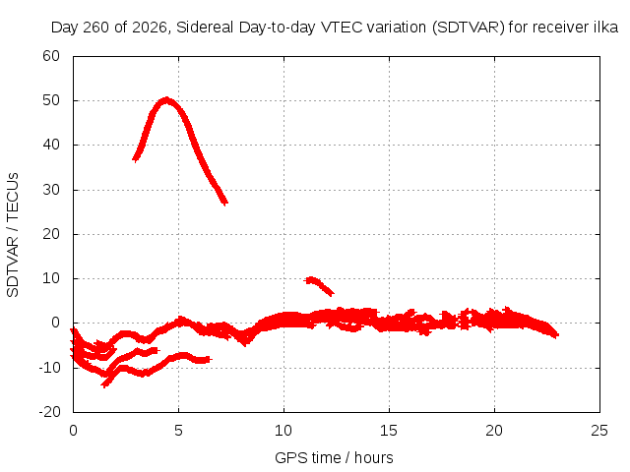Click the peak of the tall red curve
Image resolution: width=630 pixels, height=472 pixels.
[166, 100]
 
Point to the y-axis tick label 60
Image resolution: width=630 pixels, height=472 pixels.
[51, 56]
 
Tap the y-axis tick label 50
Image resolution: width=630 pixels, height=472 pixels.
[51, 100]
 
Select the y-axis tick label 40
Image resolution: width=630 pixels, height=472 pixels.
[51, 145]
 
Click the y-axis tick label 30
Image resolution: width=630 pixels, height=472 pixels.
[51, 190]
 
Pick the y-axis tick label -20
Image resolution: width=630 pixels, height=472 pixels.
[49, 412]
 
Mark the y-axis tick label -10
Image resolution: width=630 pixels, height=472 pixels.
[49, 367]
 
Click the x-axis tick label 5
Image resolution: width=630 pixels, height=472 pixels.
[178, 431]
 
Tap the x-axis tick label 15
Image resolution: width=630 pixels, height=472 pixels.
[389, 431]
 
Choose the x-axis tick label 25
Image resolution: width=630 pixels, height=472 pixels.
[599, 431]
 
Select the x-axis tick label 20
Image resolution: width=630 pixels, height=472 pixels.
[494, 431]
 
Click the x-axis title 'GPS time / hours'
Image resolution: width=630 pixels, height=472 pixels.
[334, 457]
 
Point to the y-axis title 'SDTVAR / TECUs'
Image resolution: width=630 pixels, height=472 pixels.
[13, 235]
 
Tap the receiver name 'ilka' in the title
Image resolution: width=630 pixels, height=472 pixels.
[605, 27]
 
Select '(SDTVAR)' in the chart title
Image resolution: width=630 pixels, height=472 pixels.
[469, 28]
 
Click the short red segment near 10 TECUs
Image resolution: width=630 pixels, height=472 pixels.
[320, 286]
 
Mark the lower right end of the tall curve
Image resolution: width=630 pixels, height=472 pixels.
[225, 203]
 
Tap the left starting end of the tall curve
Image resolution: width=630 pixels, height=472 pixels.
[136, 159]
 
